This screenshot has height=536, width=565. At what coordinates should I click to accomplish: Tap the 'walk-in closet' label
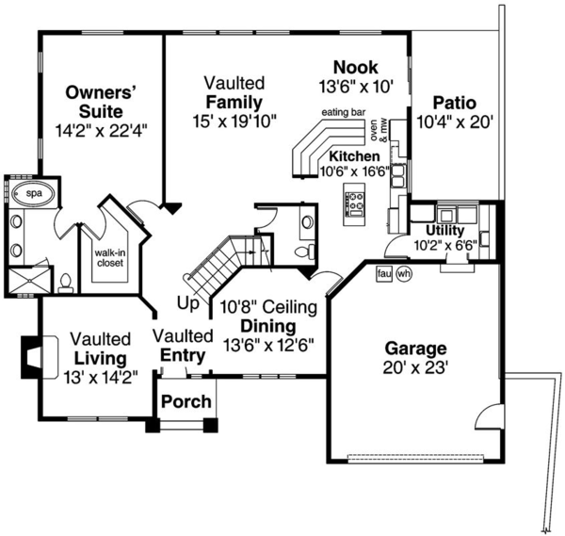pos(109,257)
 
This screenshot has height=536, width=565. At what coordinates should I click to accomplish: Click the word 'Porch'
pos(186,402)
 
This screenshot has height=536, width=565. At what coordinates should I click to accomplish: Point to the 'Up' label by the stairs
pos(187,303)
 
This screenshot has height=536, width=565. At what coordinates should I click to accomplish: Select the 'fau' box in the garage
pos(383,273)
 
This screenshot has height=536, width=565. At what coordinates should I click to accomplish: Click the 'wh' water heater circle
pos(404,273)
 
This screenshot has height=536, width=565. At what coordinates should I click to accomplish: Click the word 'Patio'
pos(454,103)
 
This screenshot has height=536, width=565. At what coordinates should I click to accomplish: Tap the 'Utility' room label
pos(444,230)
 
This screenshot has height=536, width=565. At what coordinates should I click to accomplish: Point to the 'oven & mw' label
pos(379,128)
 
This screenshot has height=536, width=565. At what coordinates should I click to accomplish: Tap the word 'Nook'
pos(356,67)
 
